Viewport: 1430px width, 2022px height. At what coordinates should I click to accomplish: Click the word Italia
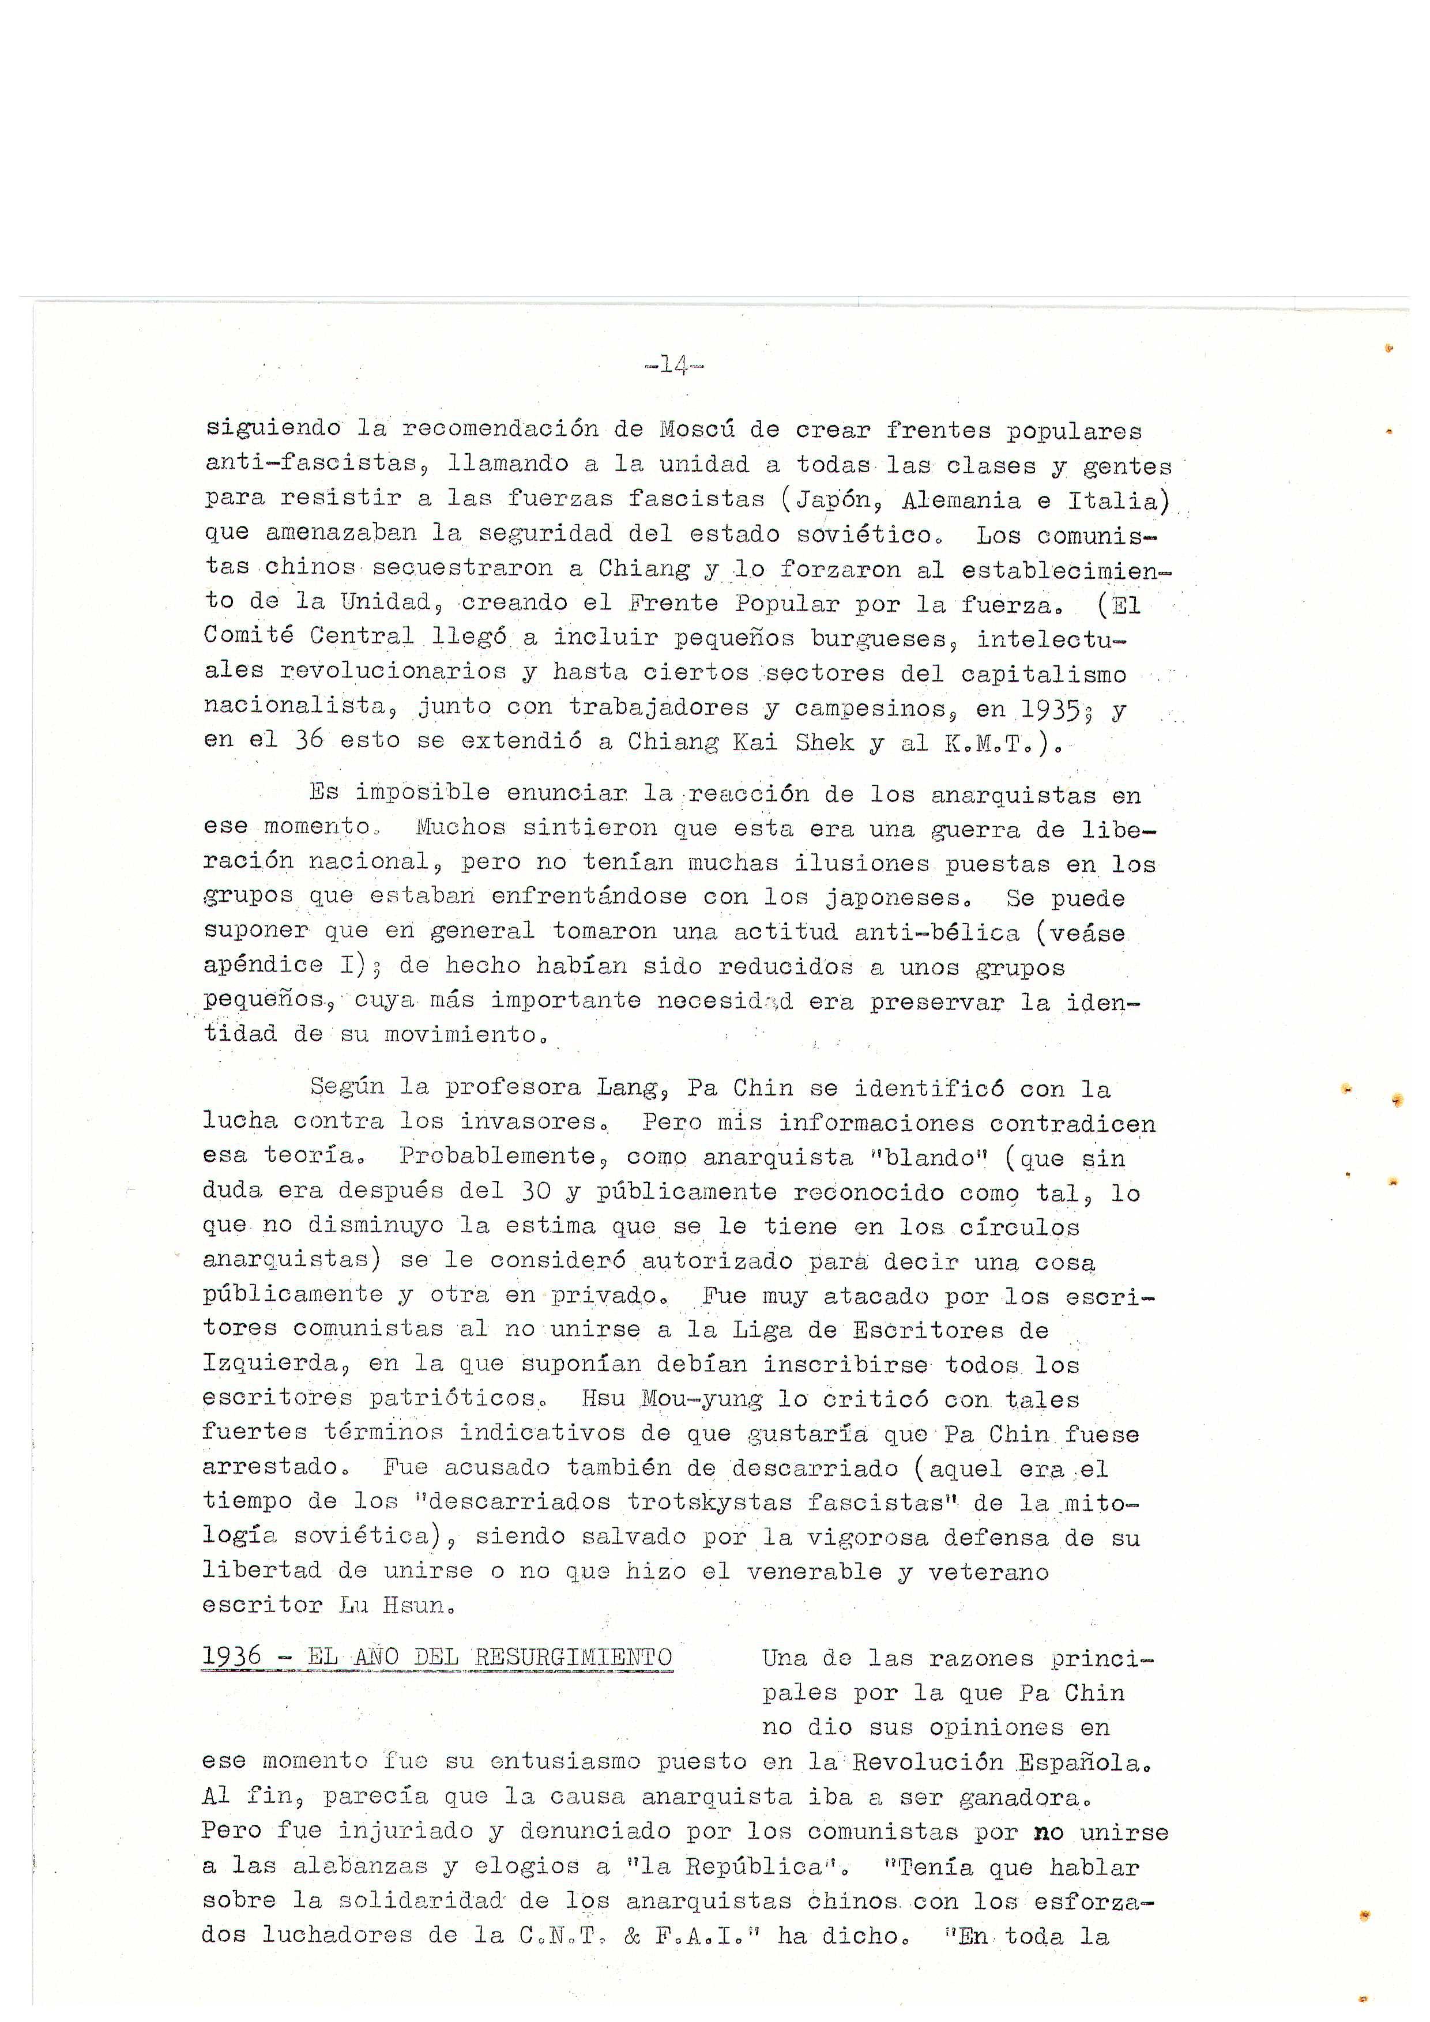1117,500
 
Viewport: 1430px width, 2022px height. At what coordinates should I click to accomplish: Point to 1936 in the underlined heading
232,1656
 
